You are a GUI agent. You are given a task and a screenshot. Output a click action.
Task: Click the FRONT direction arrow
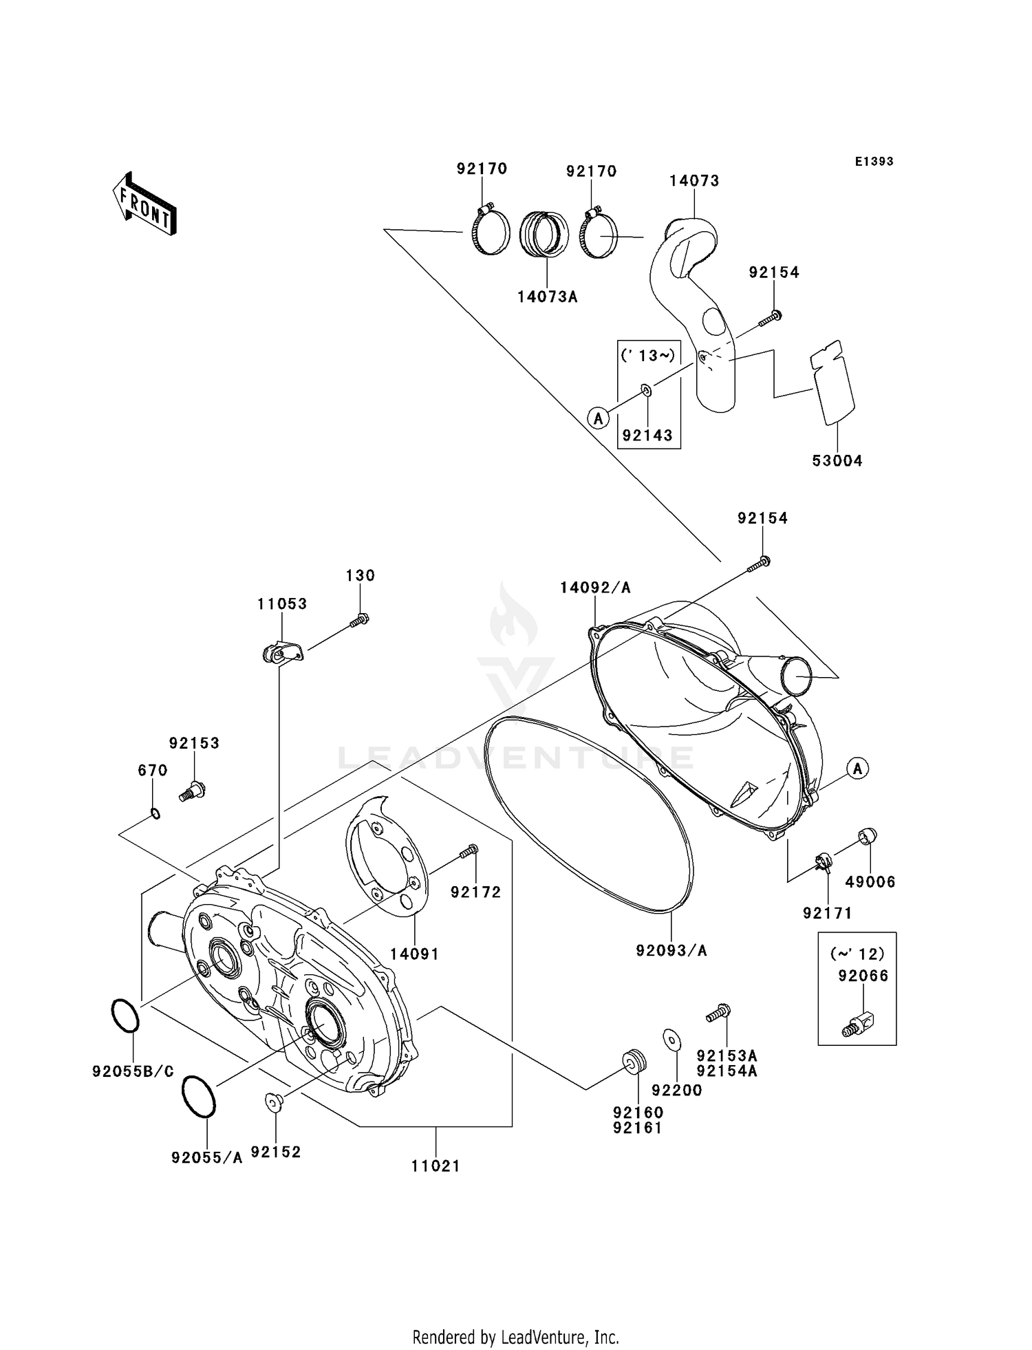tap(145, 204)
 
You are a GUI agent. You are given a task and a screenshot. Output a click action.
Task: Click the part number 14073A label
tap(547, 297)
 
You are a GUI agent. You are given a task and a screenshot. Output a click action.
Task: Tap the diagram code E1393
tap(874, 162)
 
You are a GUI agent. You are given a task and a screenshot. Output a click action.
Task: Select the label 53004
tap(837, 461)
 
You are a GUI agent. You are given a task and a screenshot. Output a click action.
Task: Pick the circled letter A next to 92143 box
tap(598, 417)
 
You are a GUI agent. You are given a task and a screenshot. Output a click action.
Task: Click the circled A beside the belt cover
tap(857, 768)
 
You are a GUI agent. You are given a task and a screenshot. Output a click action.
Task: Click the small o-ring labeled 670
tap(155, 814)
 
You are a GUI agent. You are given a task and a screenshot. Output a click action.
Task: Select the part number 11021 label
tap(436, 1166)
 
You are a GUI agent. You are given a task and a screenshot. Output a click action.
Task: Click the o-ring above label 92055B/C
tap(125, 1016)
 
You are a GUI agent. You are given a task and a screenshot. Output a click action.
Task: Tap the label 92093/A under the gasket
tap(671, 950)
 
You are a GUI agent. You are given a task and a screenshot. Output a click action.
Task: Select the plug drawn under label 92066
tap(857, 1023)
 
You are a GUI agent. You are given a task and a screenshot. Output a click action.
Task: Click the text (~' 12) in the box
tap(857, 954)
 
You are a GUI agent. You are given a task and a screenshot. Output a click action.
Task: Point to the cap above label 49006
tap(867, 836)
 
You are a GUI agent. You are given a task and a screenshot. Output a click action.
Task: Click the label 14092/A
tap(595, 588)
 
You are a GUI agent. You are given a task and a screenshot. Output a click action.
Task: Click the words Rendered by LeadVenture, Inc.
tap(515, 1337)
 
